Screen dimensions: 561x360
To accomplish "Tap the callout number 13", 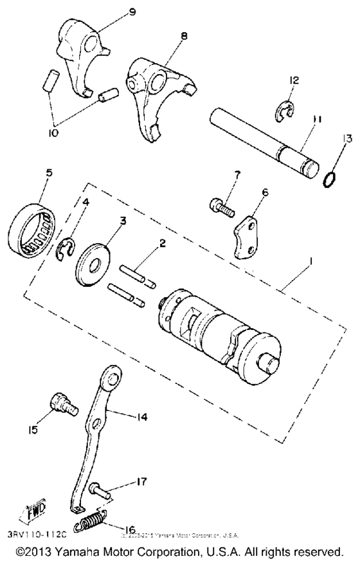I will [330, 139].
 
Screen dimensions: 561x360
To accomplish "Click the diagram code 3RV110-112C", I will [37, 534].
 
